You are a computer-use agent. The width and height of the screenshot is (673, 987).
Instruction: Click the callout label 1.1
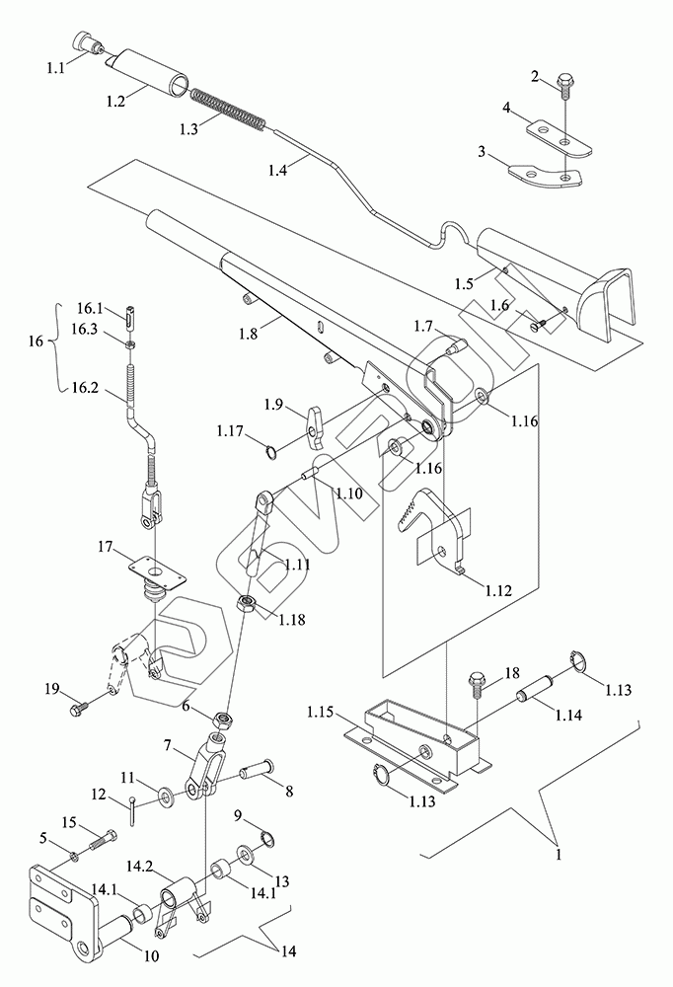click(55, 67)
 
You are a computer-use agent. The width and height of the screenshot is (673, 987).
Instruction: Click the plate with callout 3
click(546, 176)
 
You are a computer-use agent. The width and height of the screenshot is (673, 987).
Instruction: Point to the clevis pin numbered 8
click(257, 767)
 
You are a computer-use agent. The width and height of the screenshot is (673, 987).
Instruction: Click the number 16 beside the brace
click(36, 342)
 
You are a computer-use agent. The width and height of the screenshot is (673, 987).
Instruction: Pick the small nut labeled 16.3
click(129, 343)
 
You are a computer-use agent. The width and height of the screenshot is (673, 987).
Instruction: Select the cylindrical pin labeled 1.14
click(535, 689)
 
